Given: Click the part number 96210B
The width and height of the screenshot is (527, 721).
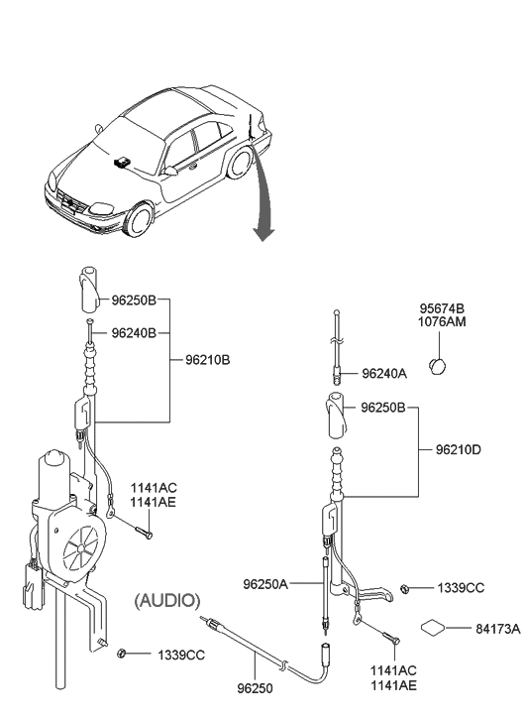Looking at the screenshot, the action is click(207, 360).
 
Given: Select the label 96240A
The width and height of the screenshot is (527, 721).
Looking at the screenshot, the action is click(384, 373).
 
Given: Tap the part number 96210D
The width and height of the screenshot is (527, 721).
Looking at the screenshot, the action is click(458, 449).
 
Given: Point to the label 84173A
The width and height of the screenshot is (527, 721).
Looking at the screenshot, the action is click(498, 629).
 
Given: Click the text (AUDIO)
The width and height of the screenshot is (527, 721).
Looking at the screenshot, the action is click(167, 600).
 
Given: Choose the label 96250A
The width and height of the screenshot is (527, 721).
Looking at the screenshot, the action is click(265, 584).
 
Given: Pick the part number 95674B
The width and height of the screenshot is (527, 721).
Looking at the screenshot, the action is click(442, 308).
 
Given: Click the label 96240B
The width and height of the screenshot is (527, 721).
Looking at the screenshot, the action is click(134, 333).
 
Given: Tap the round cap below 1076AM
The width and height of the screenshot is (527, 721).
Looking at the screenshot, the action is click(438, 366).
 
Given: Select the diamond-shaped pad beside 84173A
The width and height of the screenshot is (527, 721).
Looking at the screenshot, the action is click(433, 628).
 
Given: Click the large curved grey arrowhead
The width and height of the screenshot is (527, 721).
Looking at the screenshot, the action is click(263, 232).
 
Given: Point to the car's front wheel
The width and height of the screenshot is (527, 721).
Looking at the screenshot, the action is click(140, 220).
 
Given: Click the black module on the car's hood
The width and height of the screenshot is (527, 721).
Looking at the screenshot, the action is click(122, 162).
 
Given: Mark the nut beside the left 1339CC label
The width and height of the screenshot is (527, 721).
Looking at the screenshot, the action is click(122, 653).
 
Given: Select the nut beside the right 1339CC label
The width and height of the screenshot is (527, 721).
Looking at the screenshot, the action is click(405, 588).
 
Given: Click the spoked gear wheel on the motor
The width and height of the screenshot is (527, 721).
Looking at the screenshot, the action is click(81, 547).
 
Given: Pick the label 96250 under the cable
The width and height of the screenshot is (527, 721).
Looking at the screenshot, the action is click(255, 688).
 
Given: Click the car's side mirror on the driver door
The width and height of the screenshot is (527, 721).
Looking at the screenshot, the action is click(171, 171).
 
